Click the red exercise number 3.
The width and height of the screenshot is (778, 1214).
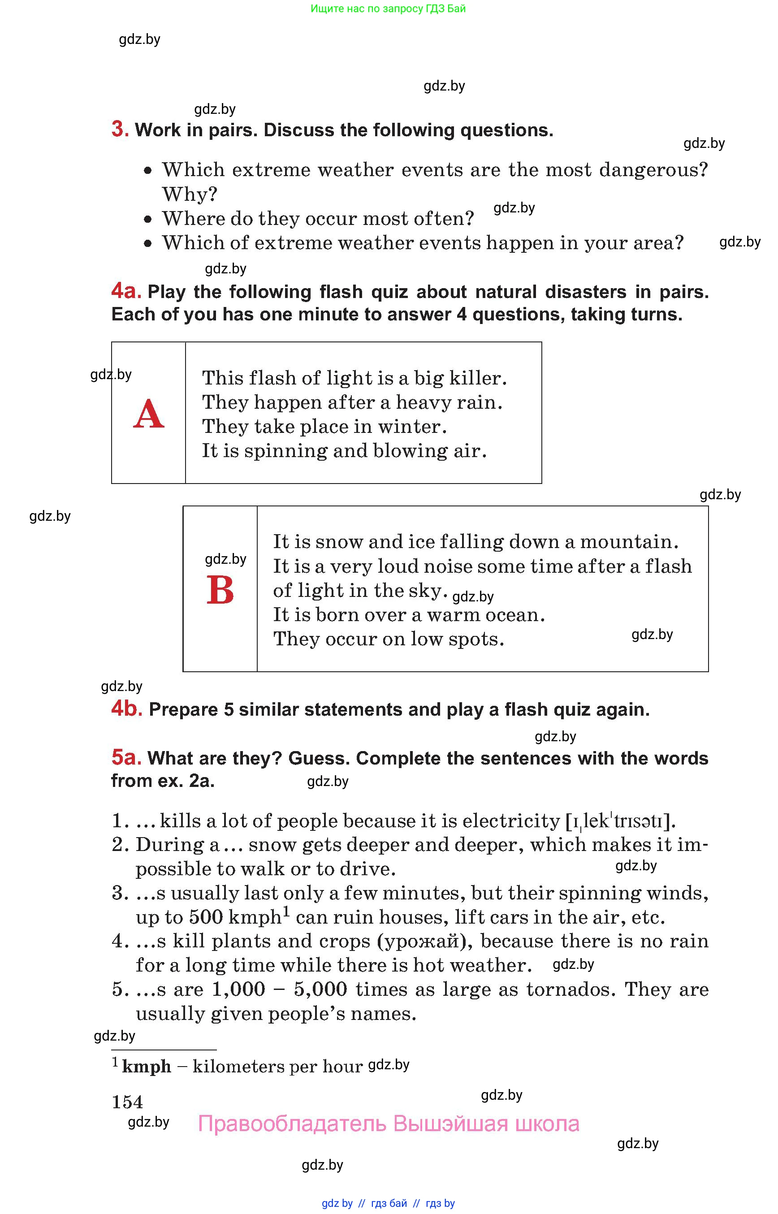[x=120, y=130]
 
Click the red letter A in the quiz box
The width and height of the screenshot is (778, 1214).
[x=148, y=414]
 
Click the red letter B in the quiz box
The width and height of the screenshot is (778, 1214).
[x=220, y=590]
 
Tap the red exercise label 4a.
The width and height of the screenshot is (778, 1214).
[x=126, y=291]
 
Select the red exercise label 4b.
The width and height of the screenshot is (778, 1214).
[x=126, y=709]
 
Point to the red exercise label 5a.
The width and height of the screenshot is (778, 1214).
[x=126, y=757]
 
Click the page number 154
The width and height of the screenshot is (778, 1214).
[x=127, y=1102]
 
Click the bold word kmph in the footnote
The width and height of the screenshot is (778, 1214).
[x=147, y=1066]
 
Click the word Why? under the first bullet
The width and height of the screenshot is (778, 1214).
[x=190, y=194]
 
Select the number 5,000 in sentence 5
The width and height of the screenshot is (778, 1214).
[x=320, y=989]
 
